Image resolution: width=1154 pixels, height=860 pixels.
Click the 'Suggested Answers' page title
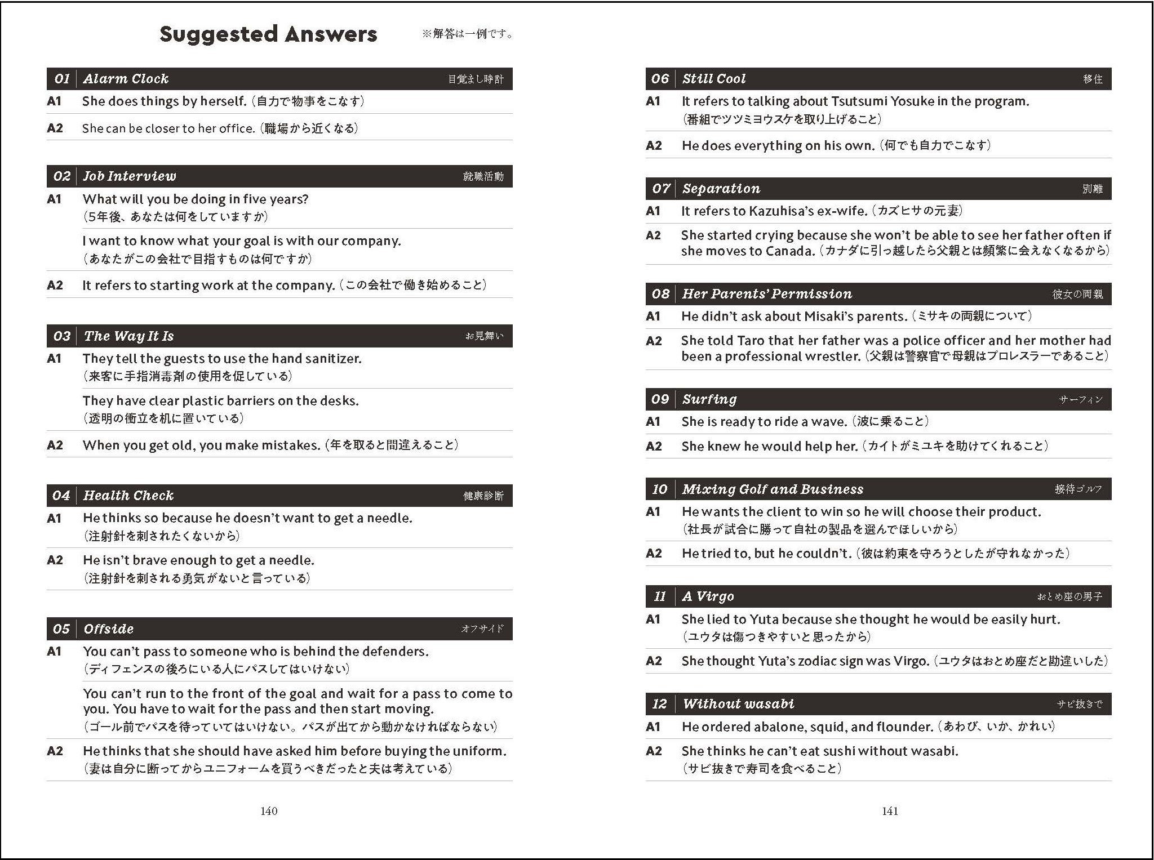(x=268, y=34)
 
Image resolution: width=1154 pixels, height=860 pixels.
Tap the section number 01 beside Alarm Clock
(x=61, y=79)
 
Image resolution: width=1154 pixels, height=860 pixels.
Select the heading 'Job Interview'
(x=130, y=176)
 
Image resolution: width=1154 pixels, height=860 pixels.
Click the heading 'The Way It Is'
(x=128, y=336)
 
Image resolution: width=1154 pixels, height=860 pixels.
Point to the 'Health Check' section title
(x=128, y=496)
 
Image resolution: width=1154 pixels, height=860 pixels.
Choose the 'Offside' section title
(x=109, y=629)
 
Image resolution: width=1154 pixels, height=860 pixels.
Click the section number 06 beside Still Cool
(x=660, y=79)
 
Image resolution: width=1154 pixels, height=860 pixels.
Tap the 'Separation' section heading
(x=721, y=189)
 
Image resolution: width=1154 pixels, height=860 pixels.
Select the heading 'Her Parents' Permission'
(x=767, y=294)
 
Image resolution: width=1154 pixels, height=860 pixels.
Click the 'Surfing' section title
(x=709, y=399)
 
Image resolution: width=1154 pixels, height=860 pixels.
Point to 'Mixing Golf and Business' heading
(x=773, y=489)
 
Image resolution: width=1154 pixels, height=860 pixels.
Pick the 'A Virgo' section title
(x=708, y=596)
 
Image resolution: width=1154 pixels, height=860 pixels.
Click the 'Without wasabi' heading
(x=739, y=704)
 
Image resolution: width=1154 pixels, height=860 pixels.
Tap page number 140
(x=269, y=811)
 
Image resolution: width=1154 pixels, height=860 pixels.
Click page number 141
(x=890, y=811)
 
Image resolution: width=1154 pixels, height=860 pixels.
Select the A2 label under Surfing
(x=654, y=447)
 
